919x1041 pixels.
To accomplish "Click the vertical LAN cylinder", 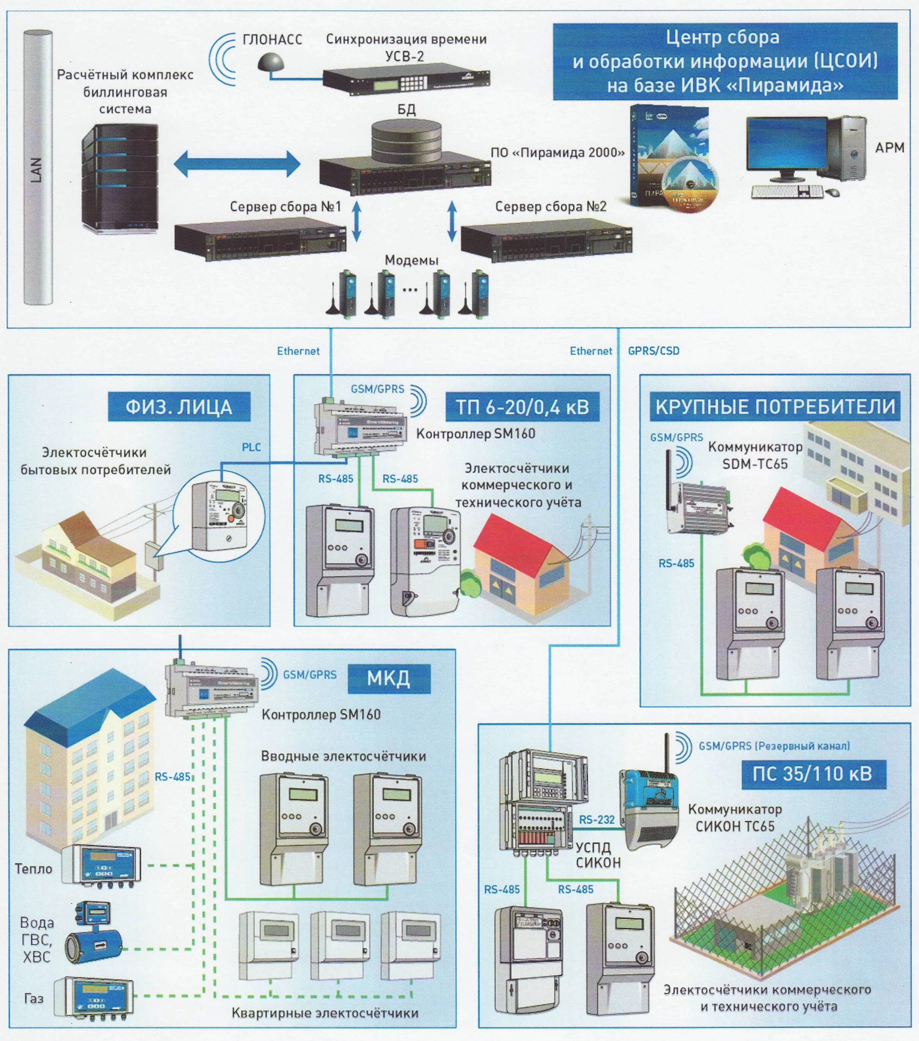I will (38, 168).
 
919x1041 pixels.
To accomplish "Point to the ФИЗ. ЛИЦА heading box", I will (179, 407).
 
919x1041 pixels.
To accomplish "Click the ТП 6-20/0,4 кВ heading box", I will (522, 407).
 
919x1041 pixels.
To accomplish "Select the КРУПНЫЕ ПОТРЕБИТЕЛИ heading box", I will (774, 407).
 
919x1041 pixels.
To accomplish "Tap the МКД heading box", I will (388, 679).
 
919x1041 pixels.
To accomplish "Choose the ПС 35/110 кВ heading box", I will (813, 774).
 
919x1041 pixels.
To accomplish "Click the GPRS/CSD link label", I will (653, 351).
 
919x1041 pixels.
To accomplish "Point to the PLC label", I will (251, 447).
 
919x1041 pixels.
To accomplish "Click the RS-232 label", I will (596, 820).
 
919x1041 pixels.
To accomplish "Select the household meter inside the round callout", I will (219, 514).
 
